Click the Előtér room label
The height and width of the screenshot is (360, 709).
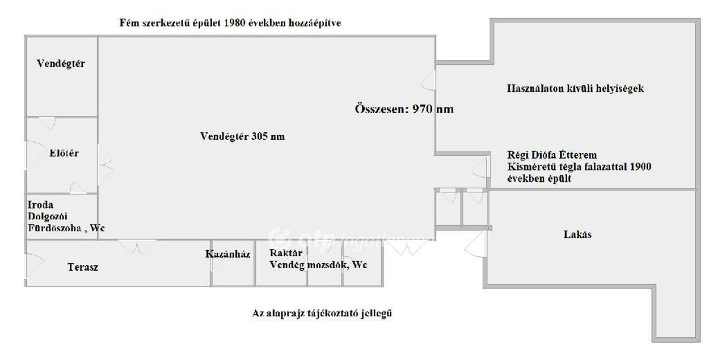click(x=64, y=153)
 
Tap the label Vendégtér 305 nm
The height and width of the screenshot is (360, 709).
click(x=242, y=136)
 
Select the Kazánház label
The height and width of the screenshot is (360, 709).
click(x=228, y=253)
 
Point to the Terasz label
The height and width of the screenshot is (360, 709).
click(x=83, y=267)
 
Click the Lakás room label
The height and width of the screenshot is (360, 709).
click(x=577, y=234)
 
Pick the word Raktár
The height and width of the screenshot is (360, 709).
click(x=286, y=253)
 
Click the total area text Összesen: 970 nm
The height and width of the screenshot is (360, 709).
click(x=404, y=109)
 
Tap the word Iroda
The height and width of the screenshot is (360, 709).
click(x=40, y=204)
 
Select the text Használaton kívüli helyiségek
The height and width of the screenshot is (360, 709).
click(x=575, y=88)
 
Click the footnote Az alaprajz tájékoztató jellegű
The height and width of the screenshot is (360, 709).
click(x=322, y=313)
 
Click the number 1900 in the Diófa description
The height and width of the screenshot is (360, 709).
click(x=640, y=167)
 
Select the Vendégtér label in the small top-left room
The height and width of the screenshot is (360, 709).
click(x=61, y=63)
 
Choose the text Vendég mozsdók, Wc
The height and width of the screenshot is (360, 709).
click(x=318, y=264)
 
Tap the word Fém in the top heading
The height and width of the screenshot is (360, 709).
click(x=127, y=23)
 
